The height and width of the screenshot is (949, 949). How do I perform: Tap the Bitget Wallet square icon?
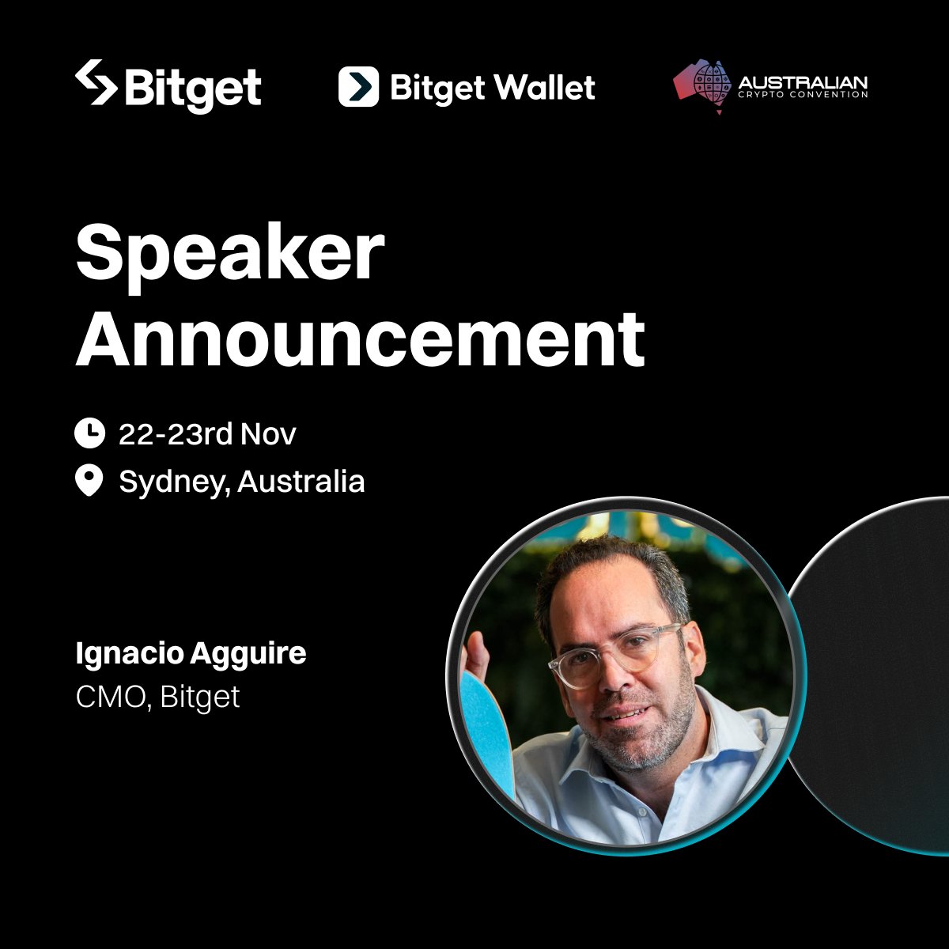pyautogui.click(x=358, y=86)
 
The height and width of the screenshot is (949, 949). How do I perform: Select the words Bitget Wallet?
pyautogui.click(x=492, y=87)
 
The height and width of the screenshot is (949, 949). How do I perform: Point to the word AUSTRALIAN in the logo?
pyautogui.click(x=802, y=83)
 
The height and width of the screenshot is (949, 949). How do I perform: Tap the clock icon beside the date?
pyautogui.click(x=89, y=433)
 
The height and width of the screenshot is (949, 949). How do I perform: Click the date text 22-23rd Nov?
pyautogui.click(x=207, y=433)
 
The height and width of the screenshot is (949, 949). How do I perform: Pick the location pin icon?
pyautogui.click(x=89, y=480)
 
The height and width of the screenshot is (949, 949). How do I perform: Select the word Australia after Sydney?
pyautogui.click(x=301, y=481)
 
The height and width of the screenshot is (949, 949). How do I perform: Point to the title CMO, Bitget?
pyautogui.click(x=157, y=697)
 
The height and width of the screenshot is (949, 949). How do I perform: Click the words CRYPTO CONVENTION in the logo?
pyautogui.click(x=802, y=95)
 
